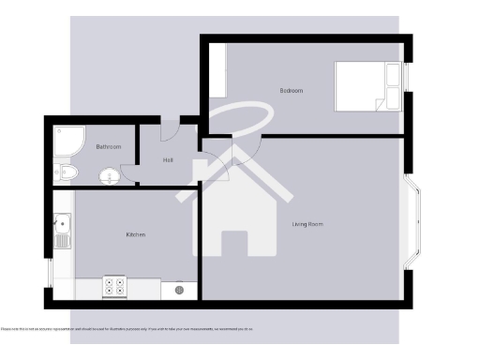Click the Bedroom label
292,90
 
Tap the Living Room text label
307,224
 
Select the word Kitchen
136,234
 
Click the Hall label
168,160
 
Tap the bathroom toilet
64,172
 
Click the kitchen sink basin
62,225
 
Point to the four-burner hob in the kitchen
114,287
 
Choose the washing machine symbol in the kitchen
178,291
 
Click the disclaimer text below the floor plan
127,329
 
